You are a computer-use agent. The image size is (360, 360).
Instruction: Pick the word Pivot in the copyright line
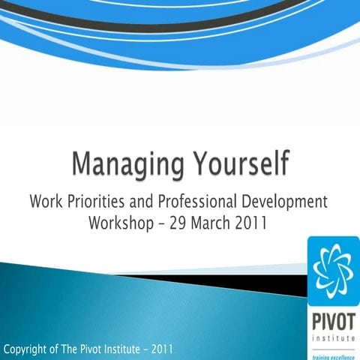(98, 349)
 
